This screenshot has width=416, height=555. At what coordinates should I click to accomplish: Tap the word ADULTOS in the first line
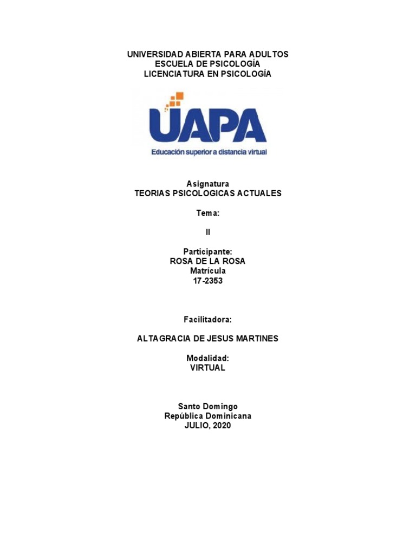pyautogui.click(x=268, y=54)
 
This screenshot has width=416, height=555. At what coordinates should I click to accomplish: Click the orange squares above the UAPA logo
pyautogui.click(x=175, y=100)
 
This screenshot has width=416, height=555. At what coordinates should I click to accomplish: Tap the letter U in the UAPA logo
pyautogui.click(x=164, y=126)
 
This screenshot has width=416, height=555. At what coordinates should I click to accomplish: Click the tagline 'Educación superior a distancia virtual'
pyautogui.click(x=209, y=153)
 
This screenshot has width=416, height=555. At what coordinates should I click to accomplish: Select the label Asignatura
pyautogui.click(x=207, y=184)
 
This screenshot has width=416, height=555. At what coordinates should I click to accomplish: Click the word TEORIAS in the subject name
pyautogui.click(x=152, y=193)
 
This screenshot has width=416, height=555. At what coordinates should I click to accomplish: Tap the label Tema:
pyautogui.click(x=207, y=213)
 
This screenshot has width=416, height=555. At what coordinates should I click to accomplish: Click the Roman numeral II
pyautogui.click(x=207, y=233)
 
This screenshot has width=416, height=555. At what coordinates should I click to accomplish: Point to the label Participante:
pyautogui.click(x=207, y=251)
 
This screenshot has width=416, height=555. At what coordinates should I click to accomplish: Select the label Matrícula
pyautogui.click(x=207, y=271)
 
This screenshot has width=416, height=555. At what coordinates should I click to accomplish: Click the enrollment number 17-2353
pyautogui.click(x=207, y=281)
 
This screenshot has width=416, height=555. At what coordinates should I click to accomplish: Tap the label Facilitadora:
pyautogui.click(x=207, y=319)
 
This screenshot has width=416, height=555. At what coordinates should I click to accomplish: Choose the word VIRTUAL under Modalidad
pyautogui.click(x=207, y=367)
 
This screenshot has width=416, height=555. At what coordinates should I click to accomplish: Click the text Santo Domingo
pyautogui.click(x=207, y=406)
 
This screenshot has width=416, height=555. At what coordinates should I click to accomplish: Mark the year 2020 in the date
pyautogui.click(x=222, y=426)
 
